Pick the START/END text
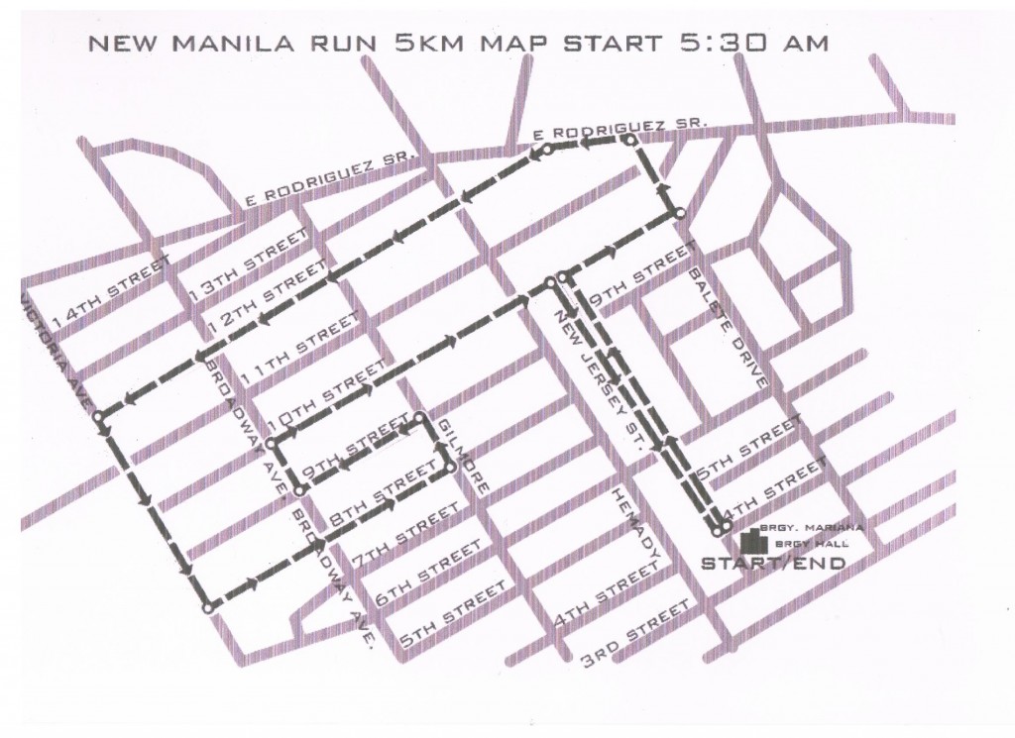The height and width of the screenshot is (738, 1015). (x=773, y=564)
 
